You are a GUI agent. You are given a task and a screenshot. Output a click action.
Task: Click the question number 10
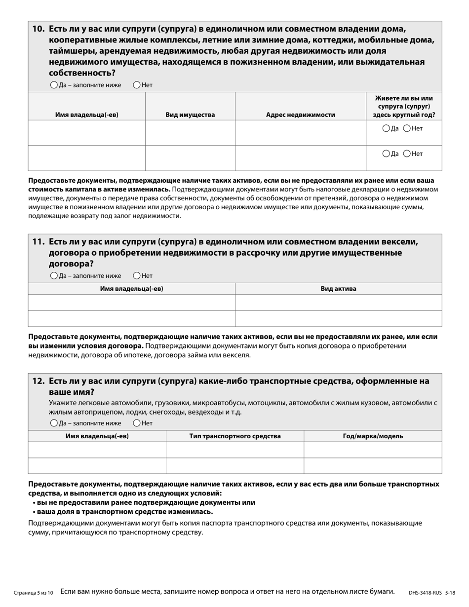coord(39,29)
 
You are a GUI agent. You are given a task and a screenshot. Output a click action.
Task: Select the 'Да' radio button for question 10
coord(54,85)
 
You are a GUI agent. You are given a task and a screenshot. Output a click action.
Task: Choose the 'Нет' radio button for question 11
coord(137,275)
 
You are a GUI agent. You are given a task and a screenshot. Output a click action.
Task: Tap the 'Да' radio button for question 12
coord(54,423)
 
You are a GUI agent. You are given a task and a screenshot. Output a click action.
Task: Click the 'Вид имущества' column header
coord(190,115)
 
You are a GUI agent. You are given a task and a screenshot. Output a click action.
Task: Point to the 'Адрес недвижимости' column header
coord(300,115)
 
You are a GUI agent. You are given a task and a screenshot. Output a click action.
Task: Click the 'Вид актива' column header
coord(338,289)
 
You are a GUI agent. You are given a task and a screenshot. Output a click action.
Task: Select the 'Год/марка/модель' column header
coord(373,436)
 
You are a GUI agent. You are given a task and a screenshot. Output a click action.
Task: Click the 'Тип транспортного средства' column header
coord(235,436)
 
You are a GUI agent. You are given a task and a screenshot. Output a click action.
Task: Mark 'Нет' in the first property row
coord(407,128)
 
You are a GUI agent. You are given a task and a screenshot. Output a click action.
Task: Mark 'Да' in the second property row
coord(387,153)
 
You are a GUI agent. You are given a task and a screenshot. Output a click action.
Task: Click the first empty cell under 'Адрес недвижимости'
coord(300,133)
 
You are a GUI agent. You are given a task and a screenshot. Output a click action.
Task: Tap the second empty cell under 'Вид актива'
coord(338,318)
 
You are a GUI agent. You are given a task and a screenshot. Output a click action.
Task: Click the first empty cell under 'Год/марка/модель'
coord(373,450)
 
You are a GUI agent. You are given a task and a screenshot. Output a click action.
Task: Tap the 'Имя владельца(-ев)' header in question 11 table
coord(131,289)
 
